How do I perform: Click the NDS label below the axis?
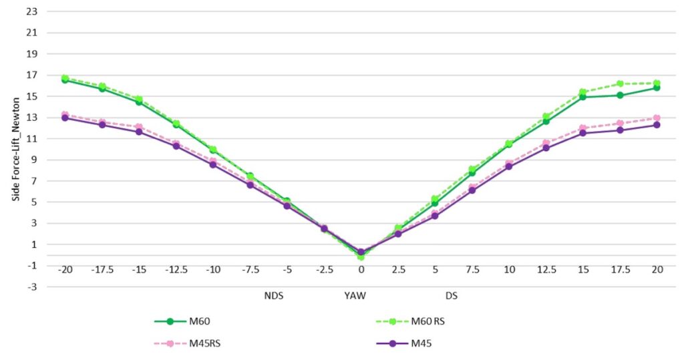click(273, 295)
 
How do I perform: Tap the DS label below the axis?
click(452, 295)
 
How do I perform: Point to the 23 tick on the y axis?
click(31, 11)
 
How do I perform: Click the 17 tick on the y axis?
click(31, 75)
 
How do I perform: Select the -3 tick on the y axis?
click(31, 287)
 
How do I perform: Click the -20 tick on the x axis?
click(65, 270)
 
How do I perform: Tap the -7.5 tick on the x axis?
click(250, 270)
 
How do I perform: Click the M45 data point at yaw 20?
click(657, 125)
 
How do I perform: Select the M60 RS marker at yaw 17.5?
click(620, 83)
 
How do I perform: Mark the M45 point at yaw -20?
click(65, 118)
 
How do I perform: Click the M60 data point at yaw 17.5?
click(620, 96)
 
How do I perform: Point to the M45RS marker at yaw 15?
click(582, 128)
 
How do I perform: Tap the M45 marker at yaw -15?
click(139, 132)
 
